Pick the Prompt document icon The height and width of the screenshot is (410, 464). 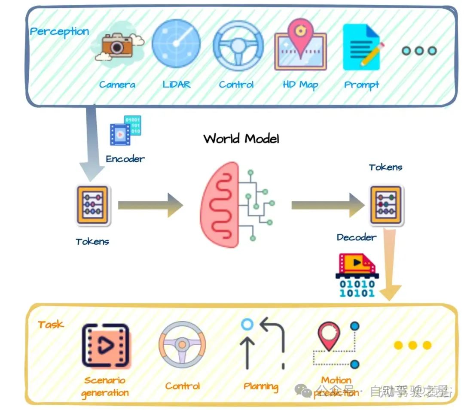click(362, 47)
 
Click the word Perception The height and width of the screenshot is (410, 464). click(59, 32)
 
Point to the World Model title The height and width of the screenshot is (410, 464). click(241, 139)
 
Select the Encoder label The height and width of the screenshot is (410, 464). click(125, 159)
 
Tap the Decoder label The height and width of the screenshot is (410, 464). click(356, 237)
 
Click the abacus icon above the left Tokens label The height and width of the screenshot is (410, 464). click(93, 206)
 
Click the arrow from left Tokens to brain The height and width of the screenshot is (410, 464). click(150, 206)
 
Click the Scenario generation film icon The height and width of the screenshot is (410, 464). click(105, 346)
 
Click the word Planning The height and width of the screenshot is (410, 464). click(261, 386)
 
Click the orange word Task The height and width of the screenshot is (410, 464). click(51, 325)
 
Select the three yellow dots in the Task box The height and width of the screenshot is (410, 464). click(412, 345)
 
